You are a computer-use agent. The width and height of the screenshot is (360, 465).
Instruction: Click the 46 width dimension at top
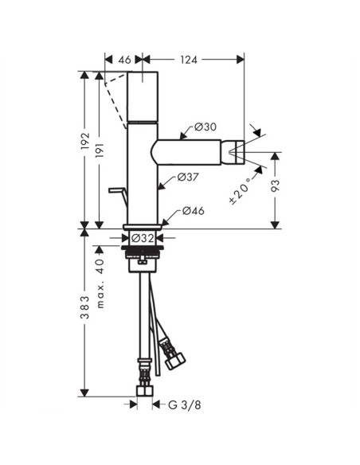coord(123,59)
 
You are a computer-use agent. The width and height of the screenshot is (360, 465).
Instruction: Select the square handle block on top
coord(144,95)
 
